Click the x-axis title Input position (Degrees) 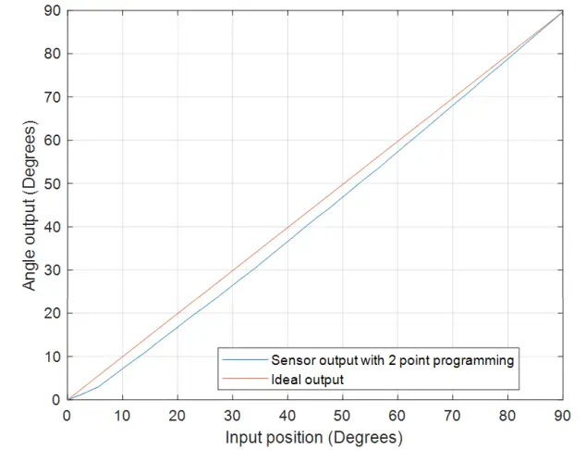[315, 436]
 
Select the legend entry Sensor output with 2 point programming [392, 360]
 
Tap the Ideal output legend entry [307, 379]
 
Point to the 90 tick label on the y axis [53, 10]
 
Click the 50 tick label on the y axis [53, 183]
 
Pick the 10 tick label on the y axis [53, 356]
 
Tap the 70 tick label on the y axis [53, 97]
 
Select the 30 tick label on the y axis [53, 270]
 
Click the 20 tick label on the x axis [177, 416]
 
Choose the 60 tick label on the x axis [397, 416]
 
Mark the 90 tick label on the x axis [563, 416]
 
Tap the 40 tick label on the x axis [287, 416]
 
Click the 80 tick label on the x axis [507, 416]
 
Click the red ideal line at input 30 [232, 270]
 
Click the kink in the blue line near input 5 [97, 387]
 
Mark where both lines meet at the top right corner [562, 11]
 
